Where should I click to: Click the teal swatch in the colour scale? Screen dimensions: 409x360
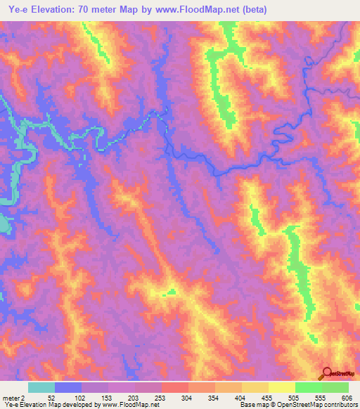[41, 387]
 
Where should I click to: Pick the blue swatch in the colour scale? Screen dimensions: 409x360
[68, 387]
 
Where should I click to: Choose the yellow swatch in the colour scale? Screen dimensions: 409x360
[281, 387]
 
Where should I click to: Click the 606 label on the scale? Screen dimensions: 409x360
[345, 398]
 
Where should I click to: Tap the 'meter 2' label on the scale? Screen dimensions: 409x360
[13, 398]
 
